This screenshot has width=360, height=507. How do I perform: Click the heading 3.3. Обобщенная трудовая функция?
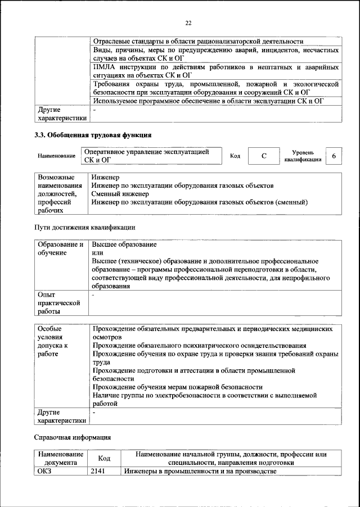coord(93,135)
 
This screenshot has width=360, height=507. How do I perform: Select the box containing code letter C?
coord(263,156)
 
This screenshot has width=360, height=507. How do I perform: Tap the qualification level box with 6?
coord(334,156)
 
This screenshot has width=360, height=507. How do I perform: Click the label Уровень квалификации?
coord(303,156)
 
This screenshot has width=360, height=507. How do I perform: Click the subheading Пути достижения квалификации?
coord(85,228)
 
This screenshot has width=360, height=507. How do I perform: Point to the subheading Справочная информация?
coord(73,437)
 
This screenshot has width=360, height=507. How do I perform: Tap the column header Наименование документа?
coord(61,459)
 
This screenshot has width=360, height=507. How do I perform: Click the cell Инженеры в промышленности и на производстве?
coord(200,472)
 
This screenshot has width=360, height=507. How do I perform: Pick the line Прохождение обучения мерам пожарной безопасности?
coord(178,387)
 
